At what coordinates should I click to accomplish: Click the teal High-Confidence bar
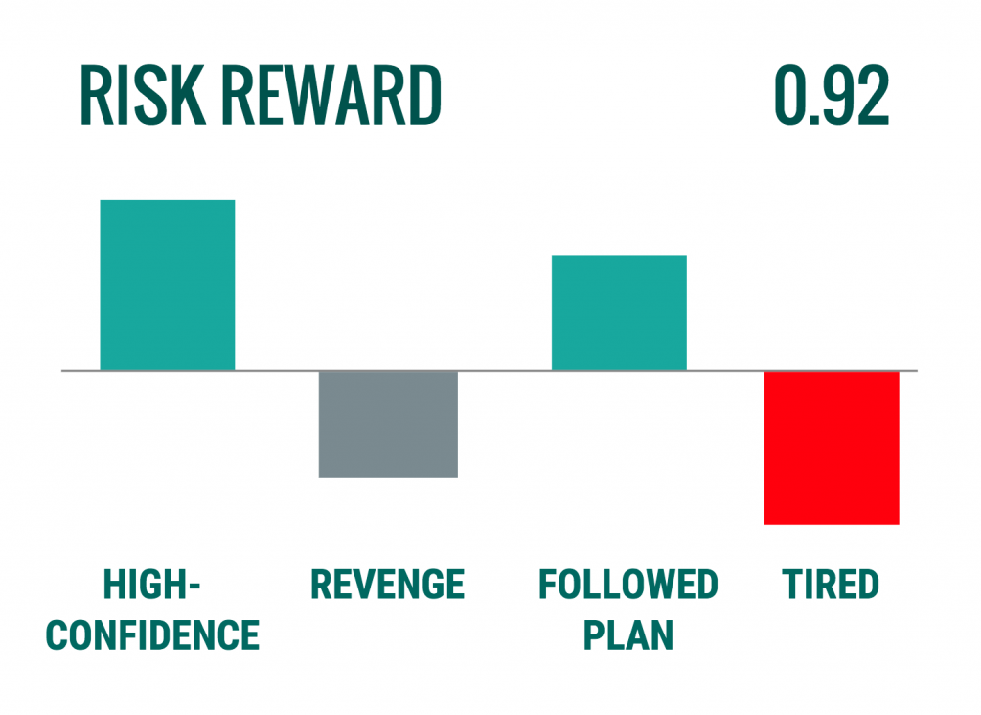click(168, 285)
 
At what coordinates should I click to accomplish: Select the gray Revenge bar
click(388, 425)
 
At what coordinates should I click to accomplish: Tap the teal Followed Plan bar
click(619, 312)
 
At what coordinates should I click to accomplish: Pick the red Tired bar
click(832, 448)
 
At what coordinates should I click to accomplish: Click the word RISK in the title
click(143, 95)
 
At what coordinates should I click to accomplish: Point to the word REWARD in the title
click(332, 95)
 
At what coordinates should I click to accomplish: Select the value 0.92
click(832, 95)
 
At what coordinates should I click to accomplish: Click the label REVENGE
click(388, 585)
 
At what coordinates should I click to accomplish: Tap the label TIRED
click(831, 585)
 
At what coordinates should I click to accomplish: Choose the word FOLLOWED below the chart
click(628, 585)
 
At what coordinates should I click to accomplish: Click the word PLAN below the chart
click(628, 635)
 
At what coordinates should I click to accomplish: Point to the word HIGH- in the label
click(152, 585)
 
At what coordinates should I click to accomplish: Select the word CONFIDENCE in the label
click(152, 635)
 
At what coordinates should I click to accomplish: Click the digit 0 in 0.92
click(791, 95)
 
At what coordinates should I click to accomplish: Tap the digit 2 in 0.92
click(871, 95)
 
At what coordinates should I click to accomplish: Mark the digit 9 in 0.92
click(835, 95)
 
